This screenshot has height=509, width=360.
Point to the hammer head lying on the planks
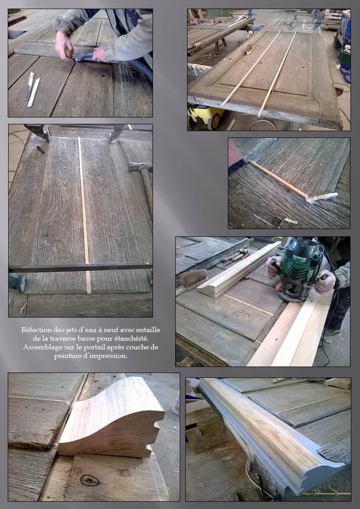(140, 167)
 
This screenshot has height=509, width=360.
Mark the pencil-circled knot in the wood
(90, 481)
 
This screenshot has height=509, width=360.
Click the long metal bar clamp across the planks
(80, 267)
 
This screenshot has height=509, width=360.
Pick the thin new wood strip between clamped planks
(84, 215)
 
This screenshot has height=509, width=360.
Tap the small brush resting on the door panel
(249, 49)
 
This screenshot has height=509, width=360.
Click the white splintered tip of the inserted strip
(322, 197)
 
